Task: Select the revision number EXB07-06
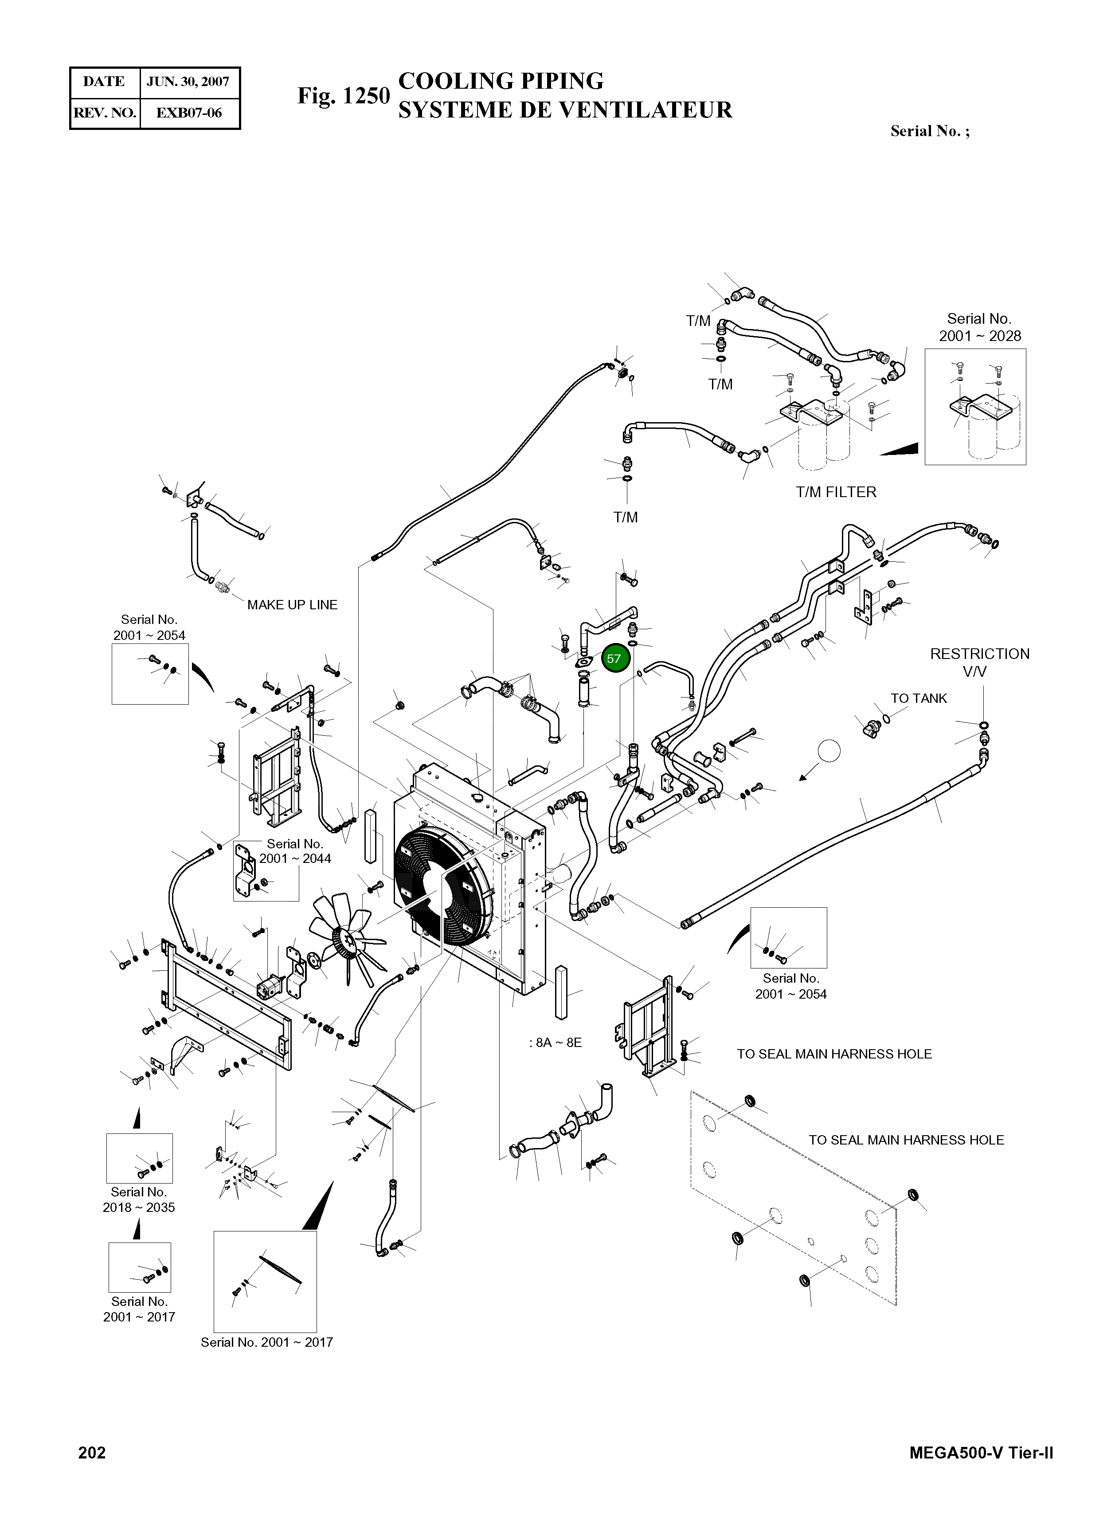[188, 113]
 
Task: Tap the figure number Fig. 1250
[344, 96]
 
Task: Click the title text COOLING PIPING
[501, 81]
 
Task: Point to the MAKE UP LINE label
[292, 605]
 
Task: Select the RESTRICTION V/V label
[979, 663]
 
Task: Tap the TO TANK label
[919, 698]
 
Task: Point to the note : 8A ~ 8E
[556, 1043]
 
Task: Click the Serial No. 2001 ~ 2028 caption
[979, 327]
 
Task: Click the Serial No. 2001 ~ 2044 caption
[295, 851]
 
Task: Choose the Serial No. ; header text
[929, 131]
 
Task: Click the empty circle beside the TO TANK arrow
[829, 751]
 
